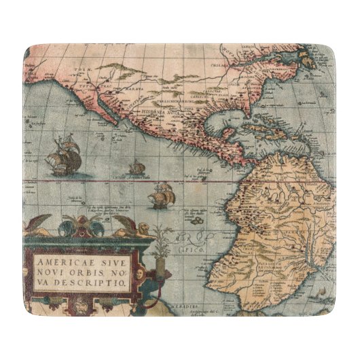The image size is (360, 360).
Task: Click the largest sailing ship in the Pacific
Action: coord(63,156)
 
